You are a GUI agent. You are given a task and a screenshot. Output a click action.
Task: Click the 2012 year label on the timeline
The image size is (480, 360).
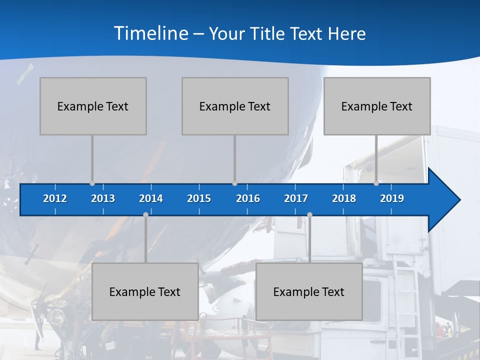click(x=55, y=198)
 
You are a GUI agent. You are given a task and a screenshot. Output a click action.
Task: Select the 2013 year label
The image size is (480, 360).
click(x=103, y=198)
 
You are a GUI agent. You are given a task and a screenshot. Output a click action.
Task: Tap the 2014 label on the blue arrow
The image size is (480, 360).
click(x=151, y=198)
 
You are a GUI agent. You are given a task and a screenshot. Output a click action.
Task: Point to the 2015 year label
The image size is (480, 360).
click(x=199, y=198)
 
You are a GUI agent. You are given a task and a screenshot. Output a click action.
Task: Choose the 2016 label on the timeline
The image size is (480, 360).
click(x=248, y=198)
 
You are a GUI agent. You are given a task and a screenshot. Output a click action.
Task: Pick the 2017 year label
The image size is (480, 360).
click(x=296, y=198)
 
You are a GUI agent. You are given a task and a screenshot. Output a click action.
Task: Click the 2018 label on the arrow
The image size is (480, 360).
click(x=344, y=198)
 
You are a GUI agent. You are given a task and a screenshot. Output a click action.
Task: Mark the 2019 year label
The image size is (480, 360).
click(x=392, y=198)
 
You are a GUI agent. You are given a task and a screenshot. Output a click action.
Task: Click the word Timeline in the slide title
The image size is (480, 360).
click(x=151, y=33)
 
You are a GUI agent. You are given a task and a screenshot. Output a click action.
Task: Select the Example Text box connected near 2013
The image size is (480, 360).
click(x=93, y=106)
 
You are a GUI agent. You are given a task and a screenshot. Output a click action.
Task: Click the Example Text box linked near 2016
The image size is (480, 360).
click(x=235, y=106)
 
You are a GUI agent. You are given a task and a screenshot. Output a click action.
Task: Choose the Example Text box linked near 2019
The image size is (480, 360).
click(x=377, y=106)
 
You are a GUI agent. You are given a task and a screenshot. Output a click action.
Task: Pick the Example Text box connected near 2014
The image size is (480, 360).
click(x=145, y=291)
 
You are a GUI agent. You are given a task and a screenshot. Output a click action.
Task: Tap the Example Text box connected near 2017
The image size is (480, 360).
click(x=309, y=291)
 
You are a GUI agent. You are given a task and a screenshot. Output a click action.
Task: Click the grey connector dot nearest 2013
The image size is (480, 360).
click(x=92, y=183)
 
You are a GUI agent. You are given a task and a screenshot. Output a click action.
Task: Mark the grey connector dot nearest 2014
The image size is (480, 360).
click(x=145, y=214)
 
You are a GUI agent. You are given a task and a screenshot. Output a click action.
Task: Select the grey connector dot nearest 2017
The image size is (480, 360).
click(x=309, y=214)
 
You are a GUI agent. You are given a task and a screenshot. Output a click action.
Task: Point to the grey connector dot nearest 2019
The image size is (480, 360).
click(x=376, y=183)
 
